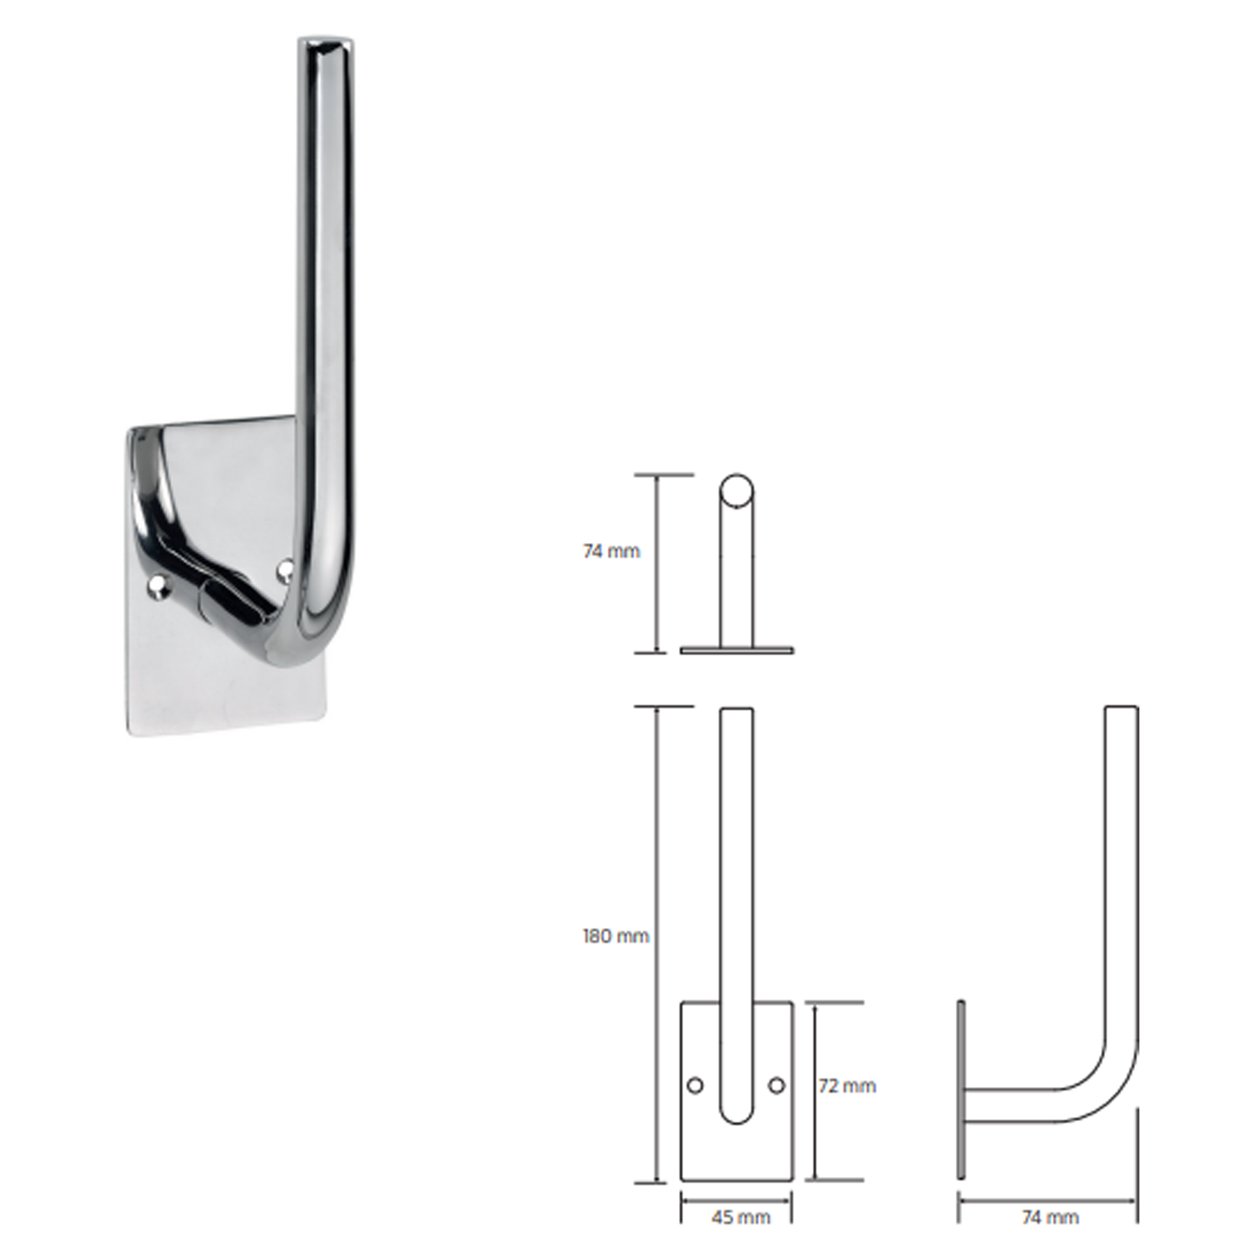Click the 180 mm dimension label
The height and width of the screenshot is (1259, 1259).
pos(616,937)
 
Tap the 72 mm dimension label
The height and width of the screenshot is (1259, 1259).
pos(847,1086)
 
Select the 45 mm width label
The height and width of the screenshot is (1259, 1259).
pos(741,1217)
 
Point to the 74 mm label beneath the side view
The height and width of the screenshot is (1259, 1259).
pos(1051,1217)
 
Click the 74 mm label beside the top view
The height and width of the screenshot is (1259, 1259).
pos(611,551)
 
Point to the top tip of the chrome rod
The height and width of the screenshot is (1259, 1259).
pos(327,42)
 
